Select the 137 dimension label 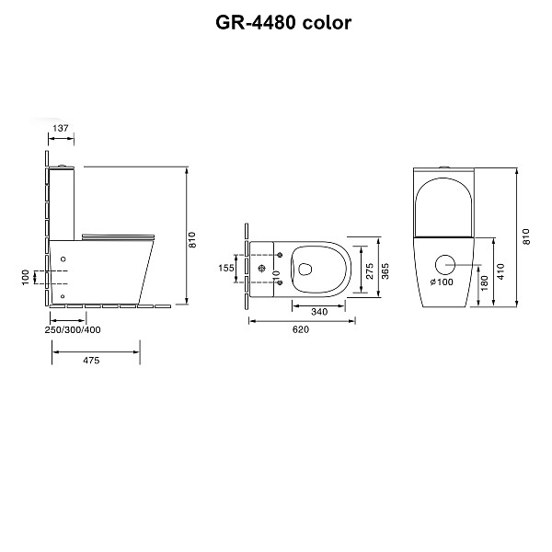(x=60, y=128)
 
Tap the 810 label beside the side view (x=192, y=239)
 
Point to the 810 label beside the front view (x=526, y=236)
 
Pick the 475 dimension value (x=90, y=360)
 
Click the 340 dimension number (x=319, y=312)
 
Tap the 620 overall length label (x=301, y=330)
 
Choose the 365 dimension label (x=386, y=270)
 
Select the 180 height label (x=487, y=282)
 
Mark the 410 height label (x=501, y=270)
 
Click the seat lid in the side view (x=115, y=234)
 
